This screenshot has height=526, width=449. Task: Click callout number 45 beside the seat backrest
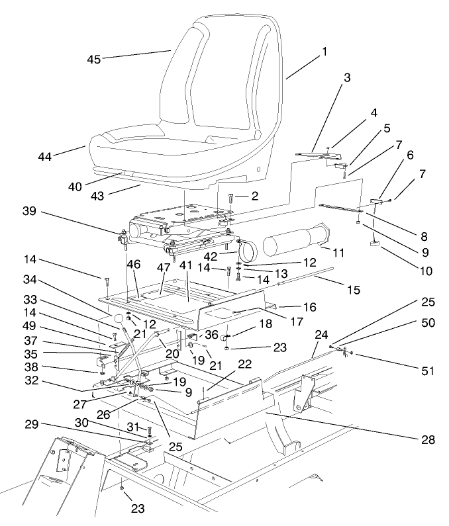point(94,60)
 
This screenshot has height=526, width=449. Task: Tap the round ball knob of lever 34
point(119,320)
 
